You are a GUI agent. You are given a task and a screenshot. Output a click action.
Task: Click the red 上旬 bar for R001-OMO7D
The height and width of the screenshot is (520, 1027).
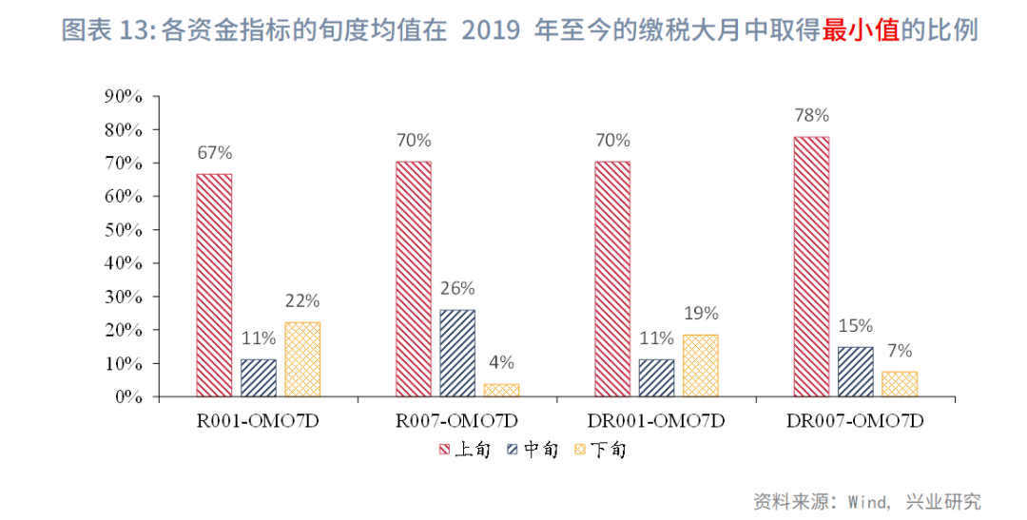coord(214,285)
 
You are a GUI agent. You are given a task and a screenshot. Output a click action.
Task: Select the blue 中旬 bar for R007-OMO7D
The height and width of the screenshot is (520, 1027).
coord(457,353)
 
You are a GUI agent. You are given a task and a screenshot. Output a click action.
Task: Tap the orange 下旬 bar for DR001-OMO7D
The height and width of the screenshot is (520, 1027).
coord(700,365)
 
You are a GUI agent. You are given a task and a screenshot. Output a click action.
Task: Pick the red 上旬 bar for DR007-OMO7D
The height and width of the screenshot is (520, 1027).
coord(811,266)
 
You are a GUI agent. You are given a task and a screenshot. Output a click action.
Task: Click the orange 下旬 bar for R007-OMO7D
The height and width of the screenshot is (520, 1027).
coord(501,390)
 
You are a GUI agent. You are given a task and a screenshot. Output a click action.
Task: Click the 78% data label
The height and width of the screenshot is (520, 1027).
coord(811,115)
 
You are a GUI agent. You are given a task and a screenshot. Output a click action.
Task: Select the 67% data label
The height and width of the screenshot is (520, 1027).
coord(214,152)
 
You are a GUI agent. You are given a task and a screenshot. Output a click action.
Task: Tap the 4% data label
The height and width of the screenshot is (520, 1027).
coord(501,362)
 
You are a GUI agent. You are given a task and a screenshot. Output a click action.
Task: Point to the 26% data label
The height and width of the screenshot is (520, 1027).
coord(457,288)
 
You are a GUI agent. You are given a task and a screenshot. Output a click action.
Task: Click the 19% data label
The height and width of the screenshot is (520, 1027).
coord(700,313)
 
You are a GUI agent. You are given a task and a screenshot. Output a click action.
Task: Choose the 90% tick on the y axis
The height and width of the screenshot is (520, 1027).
coord(123,96)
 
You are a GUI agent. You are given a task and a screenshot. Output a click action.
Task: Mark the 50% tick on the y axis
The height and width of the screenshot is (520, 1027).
coord(123,230)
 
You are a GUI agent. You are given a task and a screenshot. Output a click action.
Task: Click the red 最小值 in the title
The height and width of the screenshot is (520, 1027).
coord(861,30)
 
